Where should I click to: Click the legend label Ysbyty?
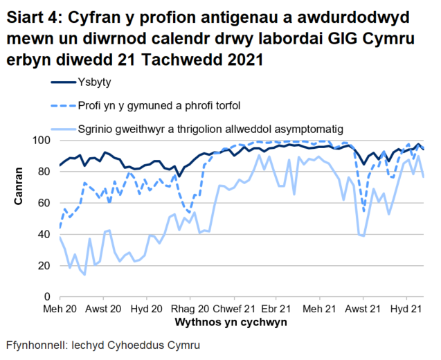click(x=95, y=84)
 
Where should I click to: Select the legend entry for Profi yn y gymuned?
click(x=159, y=106)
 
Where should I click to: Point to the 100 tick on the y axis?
click(x=42, y=141)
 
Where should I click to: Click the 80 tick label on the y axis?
click(x=45, y=172)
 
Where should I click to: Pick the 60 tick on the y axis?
click(x=45, y=203)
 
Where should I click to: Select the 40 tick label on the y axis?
click(x=45, y=234)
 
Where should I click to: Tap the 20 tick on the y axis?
click(x=45, y=265)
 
